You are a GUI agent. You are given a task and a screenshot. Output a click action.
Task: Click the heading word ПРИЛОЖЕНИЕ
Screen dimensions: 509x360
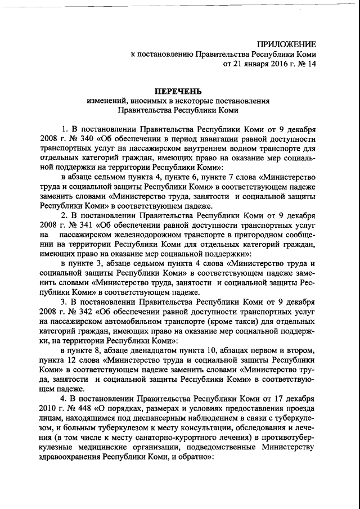pyautogui.click(x=287, y=44)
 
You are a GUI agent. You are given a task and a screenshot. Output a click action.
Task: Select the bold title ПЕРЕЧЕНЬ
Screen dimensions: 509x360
pyautogui.click(x=178, y=91)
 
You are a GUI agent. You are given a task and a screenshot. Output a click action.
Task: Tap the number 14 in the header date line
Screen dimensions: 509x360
pyautogui.click(x=311, y=64)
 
